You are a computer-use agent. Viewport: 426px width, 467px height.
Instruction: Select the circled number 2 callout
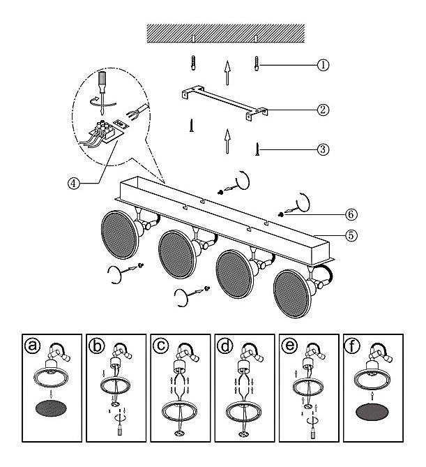tap(322, 109)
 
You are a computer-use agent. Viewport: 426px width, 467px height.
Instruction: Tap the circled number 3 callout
tap(322, 149)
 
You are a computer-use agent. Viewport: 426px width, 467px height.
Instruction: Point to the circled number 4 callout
tap(73, 184)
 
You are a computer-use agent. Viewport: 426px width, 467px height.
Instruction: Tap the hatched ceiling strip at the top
tap(225, 31)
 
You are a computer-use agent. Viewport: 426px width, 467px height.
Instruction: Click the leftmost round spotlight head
tap(119, 234)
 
